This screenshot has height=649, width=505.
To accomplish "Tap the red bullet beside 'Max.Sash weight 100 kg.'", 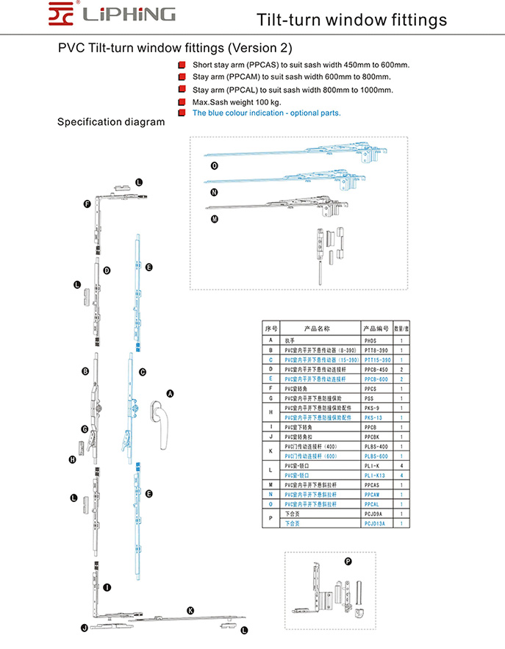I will tap(181, 101).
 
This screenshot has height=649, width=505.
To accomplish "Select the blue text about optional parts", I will tap(266, 114).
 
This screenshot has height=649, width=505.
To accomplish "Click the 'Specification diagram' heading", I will tap(111, 122).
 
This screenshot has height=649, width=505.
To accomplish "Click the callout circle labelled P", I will tap(348, 562).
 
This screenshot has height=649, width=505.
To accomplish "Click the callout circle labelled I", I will tap(107, 587).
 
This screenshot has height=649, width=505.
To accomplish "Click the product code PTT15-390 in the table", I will tap(377, 360).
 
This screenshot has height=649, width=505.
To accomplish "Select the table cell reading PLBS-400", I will tap(376, 446).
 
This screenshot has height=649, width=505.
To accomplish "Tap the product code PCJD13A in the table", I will tap(376, 523).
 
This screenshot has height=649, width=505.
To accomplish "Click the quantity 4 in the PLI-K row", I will tap(401, 465).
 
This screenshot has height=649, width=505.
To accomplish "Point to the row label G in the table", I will tap(271, 398).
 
